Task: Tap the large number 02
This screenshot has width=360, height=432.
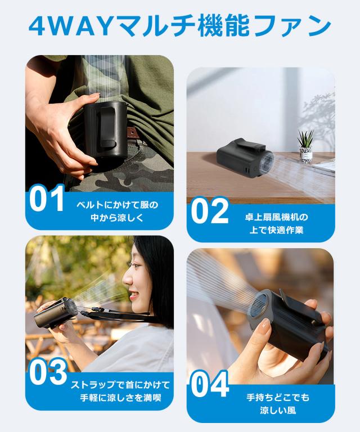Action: pos(209,211)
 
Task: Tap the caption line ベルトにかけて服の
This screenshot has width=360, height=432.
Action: pos(117,204)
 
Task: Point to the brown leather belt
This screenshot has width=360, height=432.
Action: pos(132,133)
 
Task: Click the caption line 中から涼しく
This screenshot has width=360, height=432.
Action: pos(117,217)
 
